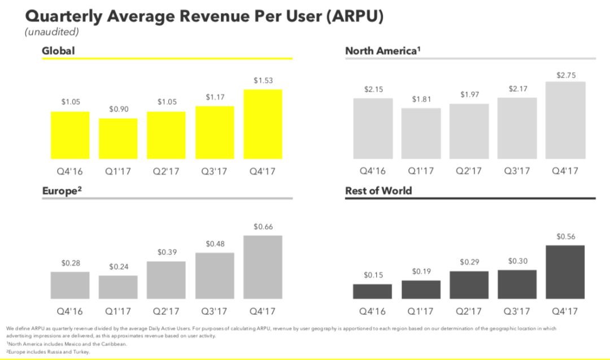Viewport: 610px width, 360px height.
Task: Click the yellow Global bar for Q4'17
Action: pos(263,124)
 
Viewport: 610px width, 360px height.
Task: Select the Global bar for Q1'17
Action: pos(118,138)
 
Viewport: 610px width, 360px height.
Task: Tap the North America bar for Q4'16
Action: pos(373,128)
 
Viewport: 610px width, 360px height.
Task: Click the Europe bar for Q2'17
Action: pos(166,280)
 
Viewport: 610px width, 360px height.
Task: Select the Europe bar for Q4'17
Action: pos(263,267)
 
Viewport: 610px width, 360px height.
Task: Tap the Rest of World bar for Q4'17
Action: pos(565,272)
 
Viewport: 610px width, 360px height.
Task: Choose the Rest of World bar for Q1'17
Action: pos(421,289)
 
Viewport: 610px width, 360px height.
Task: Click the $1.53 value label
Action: pos(263,81)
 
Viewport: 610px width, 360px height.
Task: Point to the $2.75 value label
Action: pos(565,75)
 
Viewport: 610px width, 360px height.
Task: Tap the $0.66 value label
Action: pos(263,227)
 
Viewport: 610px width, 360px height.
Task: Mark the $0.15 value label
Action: pos(373,275)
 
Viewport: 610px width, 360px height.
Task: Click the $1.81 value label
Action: pos(421,99)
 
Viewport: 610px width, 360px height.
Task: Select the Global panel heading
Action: pos(58,51)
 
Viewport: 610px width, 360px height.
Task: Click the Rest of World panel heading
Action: pos(378,190)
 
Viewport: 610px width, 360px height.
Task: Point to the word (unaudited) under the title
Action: pos(51,32)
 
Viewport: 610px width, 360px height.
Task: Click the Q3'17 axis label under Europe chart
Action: pos(215,311)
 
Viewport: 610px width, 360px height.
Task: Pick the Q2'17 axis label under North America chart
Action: pos(469,171)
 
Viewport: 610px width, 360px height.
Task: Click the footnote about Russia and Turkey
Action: pos(49,352)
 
